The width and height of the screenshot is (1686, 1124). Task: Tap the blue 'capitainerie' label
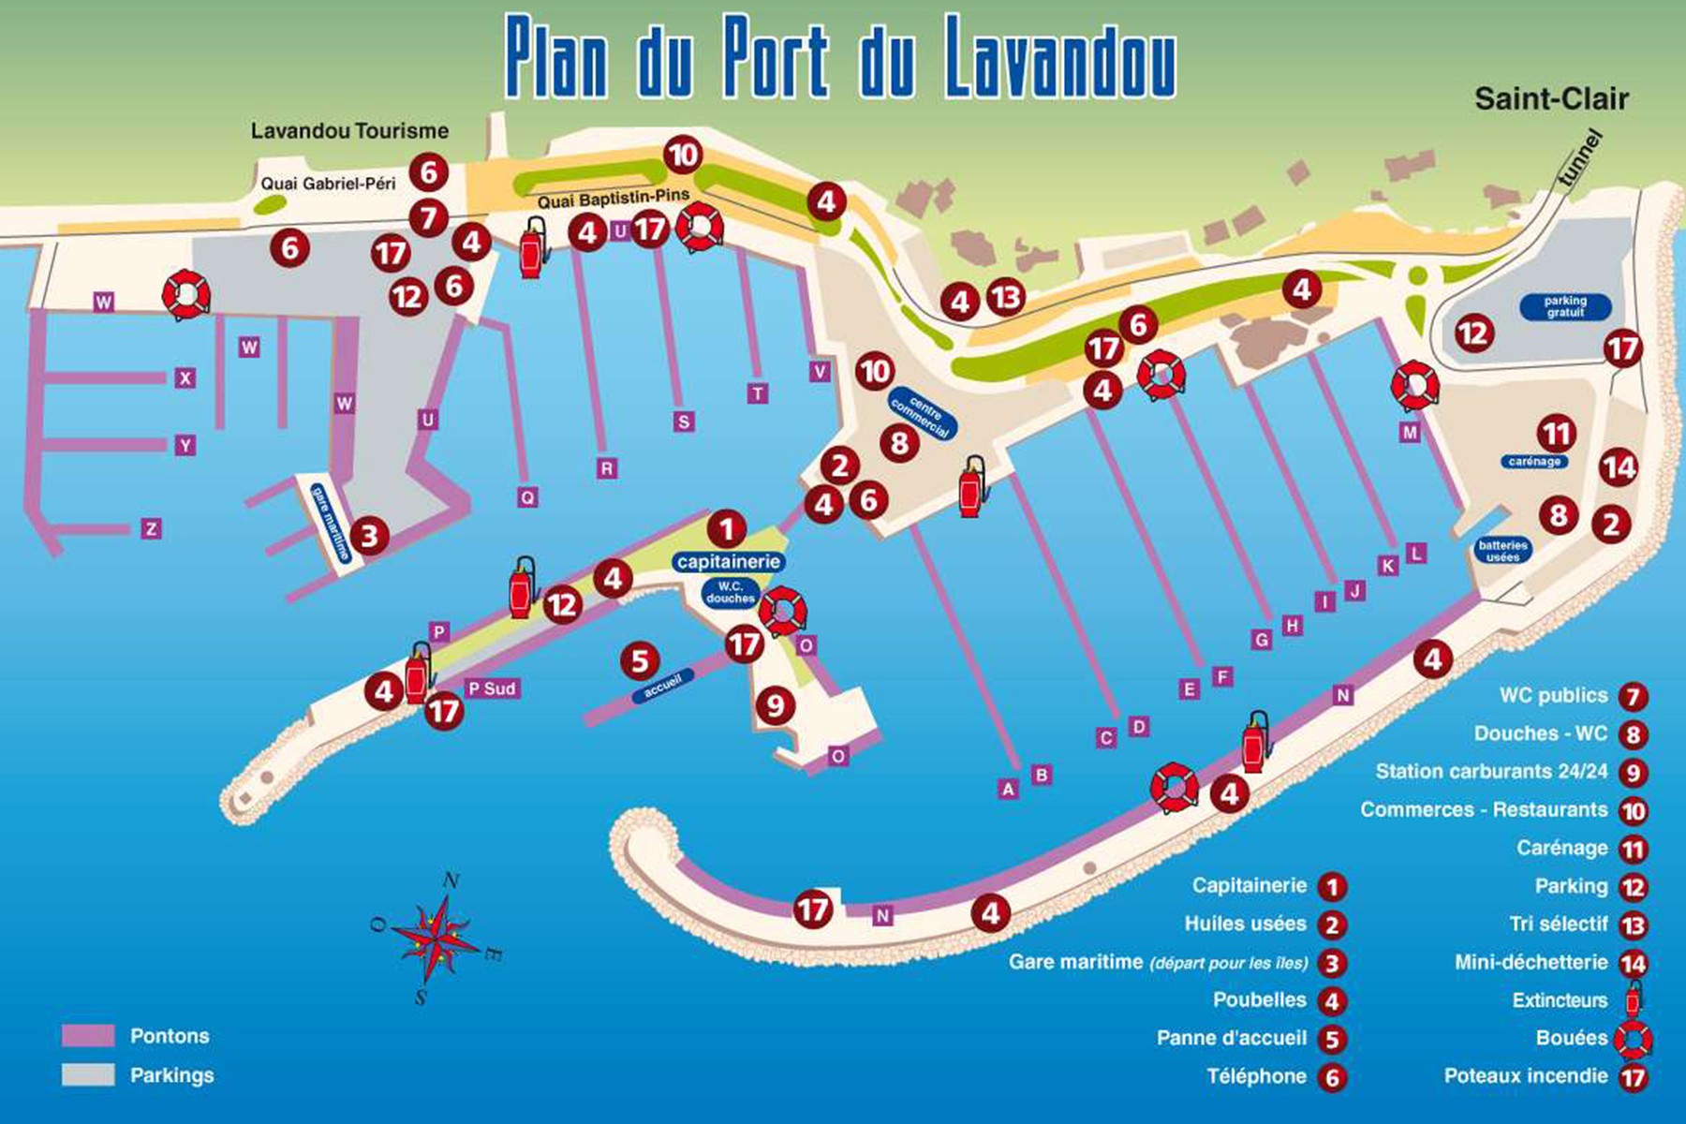click(x=728, y=562)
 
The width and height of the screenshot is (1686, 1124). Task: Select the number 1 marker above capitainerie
click(x=727, y=529)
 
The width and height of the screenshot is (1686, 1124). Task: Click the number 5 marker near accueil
click(x=640, y=661)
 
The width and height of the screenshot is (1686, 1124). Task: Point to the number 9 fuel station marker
click(x=775, y=704)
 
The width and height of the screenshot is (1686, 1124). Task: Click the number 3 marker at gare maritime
click(x=369, y=536)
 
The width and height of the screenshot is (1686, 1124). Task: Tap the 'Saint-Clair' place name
click(x=1551, y=98)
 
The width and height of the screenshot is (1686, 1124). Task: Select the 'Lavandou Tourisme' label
click(x=349, y=131)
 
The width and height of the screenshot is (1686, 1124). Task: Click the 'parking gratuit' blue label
click(x=1565, y=306)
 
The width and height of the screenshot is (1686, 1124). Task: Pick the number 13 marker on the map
click(x=1006, y=298)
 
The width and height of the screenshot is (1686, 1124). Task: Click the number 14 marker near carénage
click(x=1619, y=467)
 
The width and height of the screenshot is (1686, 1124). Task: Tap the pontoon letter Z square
click(x=151, y=529)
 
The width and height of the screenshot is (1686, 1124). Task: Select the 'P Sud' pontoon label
click(x=492, y=688)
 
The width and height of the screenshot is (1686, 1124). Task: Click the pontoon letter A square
click(x=1008, y=789)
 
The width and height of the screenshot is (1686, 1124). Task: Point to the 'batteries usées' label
click(x=1502, y=551)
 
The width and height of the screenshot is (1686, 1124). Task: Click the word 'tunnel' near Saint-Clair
click(x=1579, y=159)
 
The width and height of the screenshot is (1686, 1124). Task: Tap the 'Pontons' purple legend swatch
click(x=88, y=1036)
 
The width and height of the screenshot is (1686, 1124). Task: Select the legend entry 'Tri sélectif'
click(x=1559, y=924)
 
